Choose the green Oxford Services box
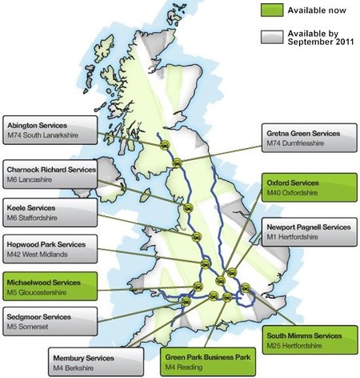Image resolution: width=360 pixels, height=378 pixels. (309, 189)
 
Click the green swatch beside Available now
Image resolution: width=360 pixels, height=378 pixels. (274, 11)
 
